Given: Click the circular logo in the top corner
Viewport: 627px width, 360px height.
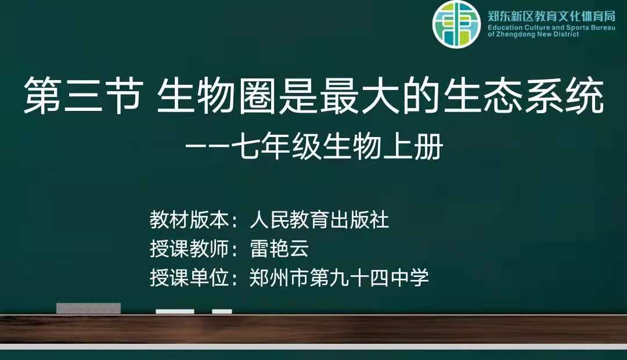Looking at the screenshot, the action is point(456,24).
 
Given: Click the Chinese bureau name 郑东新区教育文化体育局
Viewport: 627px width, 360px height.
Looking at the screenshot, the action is point(552,16).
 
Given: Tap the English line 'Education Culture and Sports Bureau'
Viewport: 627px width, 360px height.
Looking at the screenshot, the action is point(552,28).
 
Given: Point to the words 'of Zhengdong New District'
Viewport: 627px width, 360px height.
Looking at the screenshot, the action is point(533,34).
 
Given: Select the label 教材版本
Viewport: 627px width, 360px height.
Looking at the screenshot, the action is point(189,220).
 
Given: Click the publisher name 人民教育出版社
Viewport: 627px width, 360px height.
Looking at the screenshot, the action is point(319,220).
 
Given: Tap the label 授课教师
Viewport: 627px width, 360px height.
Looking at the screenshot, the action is point(189,249).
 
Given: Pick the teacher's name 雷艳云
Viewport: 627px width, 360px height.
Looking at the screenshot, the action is point(279,249).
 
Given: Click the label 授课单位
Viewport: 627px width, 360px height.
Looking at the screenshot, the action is point(189,278).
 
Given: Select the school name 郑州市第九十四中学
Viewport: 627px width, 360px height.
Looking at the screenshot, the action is point(339,278).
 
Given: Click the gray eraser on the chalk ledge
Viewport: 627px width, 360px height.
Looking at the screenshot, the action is point(88,308).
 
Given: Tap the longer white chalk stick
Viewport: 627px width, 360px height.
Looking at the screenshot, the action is point(175,312).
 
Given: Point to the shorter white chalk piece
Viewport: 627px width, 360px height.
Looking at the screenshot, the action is point(222,312).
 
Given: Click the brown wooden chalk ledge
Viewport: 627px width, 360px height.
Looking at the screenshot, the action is point(313,329).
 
